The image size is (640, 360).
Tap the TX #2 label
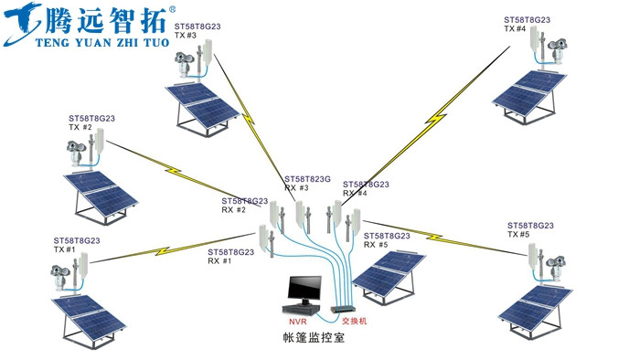(80, 128)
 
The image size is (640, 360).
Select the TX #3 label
(186, 36)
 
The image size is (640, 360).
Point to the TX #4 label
(515, 28)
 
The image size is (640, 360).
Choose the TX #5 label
(517, 235)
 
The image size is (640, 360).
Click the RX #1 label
(219, 261)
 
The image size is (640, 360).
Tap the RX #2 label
(233, 210)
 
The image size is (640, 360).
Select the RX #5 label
(376, 245)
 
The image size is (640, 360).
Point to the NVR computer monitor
(302, 290)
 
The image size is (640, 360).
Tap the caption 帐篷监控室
(314, 339)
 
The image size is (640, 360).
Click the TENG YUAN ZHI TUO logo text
(90, 41)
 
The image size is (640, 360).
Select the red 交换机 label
(353, 322)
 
